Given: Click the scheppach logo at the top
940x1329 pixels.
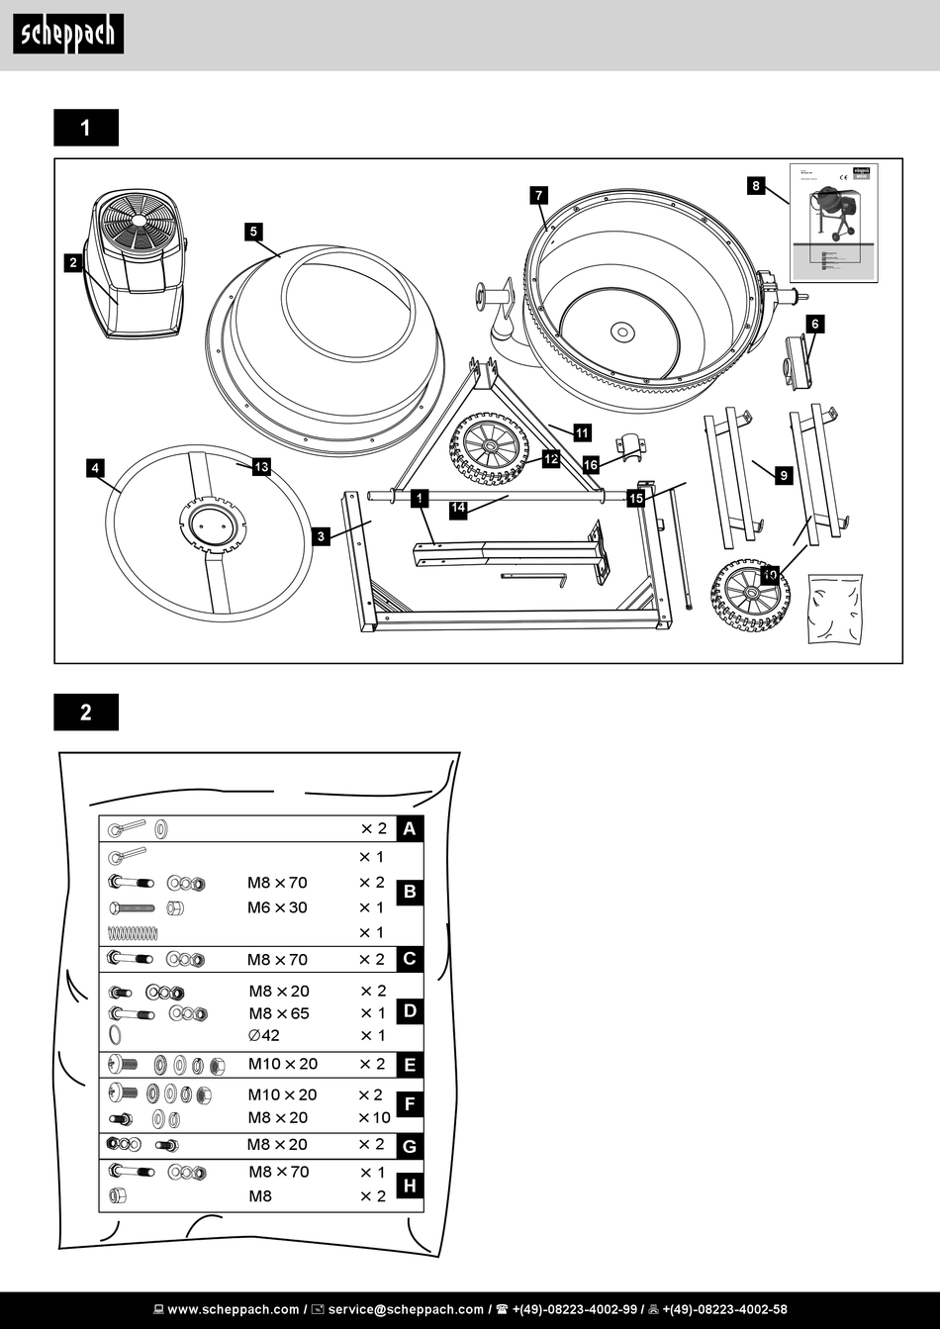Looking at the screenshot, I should [x=68, y=35].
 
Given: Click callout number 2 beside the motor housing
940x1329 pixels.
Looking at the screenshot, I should [x=72, y=262].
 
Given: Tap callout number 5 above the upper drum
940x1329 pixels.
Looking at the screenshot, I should [x=254, y=232].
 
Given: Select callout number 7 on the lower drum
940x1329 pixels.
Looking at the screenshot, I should [x=539, y=195].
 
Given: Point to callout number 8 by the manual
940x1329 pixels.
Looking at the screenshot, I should [x=756, y=185].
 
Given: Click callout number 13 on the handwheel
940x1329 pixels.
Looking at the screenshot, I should [x=261, y=467].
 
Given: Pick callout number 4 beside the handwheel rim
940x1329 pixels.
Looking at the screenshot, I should [x=95, y=468].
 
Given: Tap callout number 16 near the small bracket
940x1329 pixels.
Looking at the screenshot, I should [x=591, y=464].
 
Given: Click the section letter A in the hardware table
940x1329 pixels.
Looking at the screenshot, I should [x=410, y=829].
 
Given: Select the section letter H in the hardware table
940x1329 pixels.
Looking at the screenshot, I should [x=410, y=1186].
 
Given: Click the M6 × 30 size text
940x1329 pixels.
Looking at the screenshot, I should [x=277, y=907].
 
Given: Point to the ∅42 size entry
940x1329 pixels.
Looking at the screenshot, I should [x=264, y=1035].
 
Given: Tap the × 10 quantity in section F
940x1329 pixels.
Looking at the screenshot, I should [x=374, y=1117].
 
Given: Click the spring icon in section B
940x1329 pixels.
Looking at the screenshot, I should [x=133, y=932].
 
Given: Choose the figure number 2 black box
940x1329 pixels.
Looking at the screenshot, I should [x=86, y=712].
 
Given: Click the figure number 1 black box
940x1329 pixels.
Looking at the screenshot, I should [x=86, y=128].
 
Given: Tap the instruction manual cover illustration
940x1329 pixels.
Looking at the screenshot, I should [x=833, y=223].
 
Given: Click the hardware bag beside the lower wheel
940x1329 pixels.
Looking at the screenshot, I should [x=834, y=608].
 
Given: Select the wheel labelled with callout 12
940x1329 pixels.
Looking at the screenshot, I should [x=489, y=448].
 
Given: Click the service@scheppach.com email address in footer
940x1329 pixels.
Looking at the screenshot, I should [x=406, y=1309].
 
